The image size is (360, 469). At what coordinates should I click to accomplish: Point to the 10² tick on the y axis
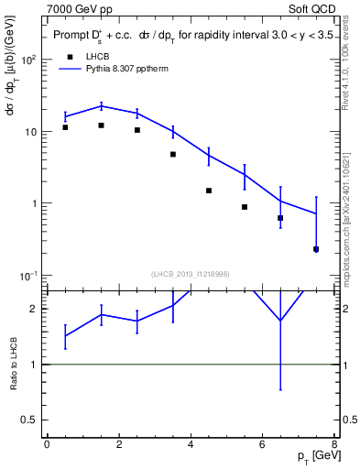point(27,60)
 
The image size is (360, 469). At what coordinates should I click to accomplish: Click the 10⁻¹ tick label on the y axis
point(27,276)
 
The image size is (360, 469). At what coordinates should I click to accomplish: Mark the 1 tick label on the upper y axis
point(33,203)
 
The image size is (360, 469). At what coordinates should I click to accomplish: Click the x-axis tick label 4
point(191,443)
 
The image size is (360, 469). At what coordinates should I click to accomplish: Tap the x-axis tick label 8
point(334,443)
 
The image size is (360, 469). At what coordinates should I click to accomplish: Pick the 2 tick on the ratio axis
point(33,309)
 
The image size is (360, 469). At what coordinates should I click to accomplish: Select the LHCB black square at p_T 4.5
point(209,191)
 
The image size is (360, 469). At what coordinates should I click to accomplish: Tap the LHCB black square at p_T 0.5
point(65,127)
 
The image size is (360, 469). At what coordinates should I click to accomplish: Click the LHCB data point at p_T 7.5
point(316,249)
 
